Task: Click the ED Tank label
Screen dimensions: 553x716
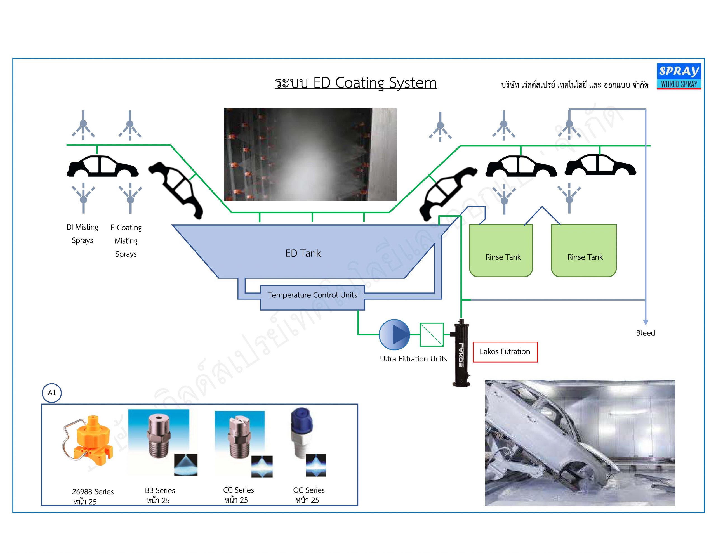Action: [x=303, y=253]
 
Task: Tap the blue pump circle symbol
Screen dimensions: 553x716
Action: [x=394, y=335]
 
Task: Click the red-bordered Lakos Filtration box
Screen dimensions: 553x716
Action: [x=505, y=352]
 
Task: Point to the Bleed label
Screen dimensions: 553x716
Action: [x=645, y=333]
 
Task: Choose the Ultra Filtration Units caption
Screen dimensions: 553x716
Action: [x=413, y=359]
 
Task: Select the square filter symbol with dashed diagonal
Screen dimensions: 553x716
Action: [x=432, y=335]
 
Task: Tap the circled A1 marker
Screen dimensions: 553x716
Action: [x=52, y=393]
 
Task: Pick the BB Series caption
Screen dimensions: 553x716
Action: [x=160, y=490]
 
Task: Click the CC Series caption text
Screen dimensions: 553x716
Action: [x=238, y=490]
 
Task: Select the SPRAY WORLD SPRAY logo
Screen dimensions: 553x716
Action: [x=679, y=76]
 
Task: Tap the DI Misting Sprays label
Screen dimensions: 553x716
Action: [x=82, y=234]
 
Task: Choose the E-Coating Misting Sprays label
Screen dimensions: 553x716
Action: [x=126, y=241]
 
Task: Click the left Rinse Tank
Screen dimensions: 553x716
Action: [x=501, y=251]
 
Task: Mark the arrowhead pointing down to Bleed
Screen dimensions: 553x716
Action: [x=646, y=323]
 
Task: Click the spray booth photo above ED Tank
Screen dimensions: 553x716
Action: [x=310, y=154]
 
